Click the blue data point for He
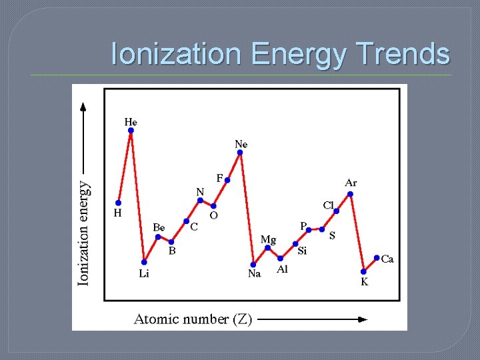131,131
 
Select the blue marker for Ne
240,153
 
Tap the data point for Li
144,262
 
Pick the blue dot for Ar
350,194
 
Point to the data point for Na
253,264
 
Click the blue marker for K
363,271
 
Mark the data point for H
118,203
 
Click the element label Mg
268,239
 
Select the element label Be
159,227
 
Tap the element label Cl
329,205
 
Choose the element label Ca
387,259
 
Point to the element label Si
302,251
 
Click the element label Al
283,269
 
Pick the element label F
219,178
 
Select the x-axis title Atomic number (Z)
193,319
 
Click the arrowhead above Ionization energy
83,105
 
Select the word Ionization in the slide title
177,53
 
